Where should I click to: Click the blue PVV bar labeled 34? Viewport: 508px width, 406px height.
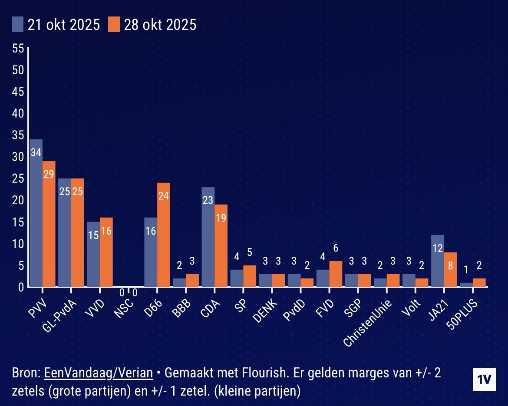point(36,213)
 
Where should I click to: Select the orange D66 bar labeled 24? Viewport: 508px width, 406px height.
point(164,234)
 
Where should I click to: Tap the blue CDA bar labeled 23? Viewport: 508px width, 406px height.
point(208,236)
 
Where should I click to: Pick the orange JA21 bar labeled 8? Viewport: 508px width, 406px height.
point(450,269)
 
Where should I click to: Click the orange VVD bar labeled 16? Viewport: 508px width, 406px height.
point(106,252)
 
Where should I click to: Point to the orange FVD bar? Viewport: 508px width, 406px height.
point(336,274)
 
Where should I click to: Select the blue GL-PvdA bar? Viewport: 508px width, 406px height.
point(65,232)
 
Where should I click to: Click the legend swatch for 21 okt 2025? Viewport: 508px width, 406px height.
point(18,24)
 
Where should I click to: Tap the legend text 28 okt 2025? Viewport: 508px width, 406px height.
point(160,25)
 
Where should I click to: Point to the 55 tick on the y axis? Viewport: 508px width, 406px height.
point(18,48)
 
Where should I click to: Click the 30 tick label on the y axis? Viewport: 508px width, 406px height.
point(18,157)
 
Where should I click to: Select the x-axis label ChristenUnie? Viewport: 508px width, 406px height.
point(367,321)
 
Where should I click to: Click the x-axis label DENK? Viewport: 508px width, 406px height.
point(266,308)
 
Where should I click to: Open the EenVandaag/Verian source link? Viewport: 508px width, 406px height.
point(99,373)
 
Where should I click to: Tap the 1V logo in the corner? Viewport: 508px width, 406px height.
point(484,379)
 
